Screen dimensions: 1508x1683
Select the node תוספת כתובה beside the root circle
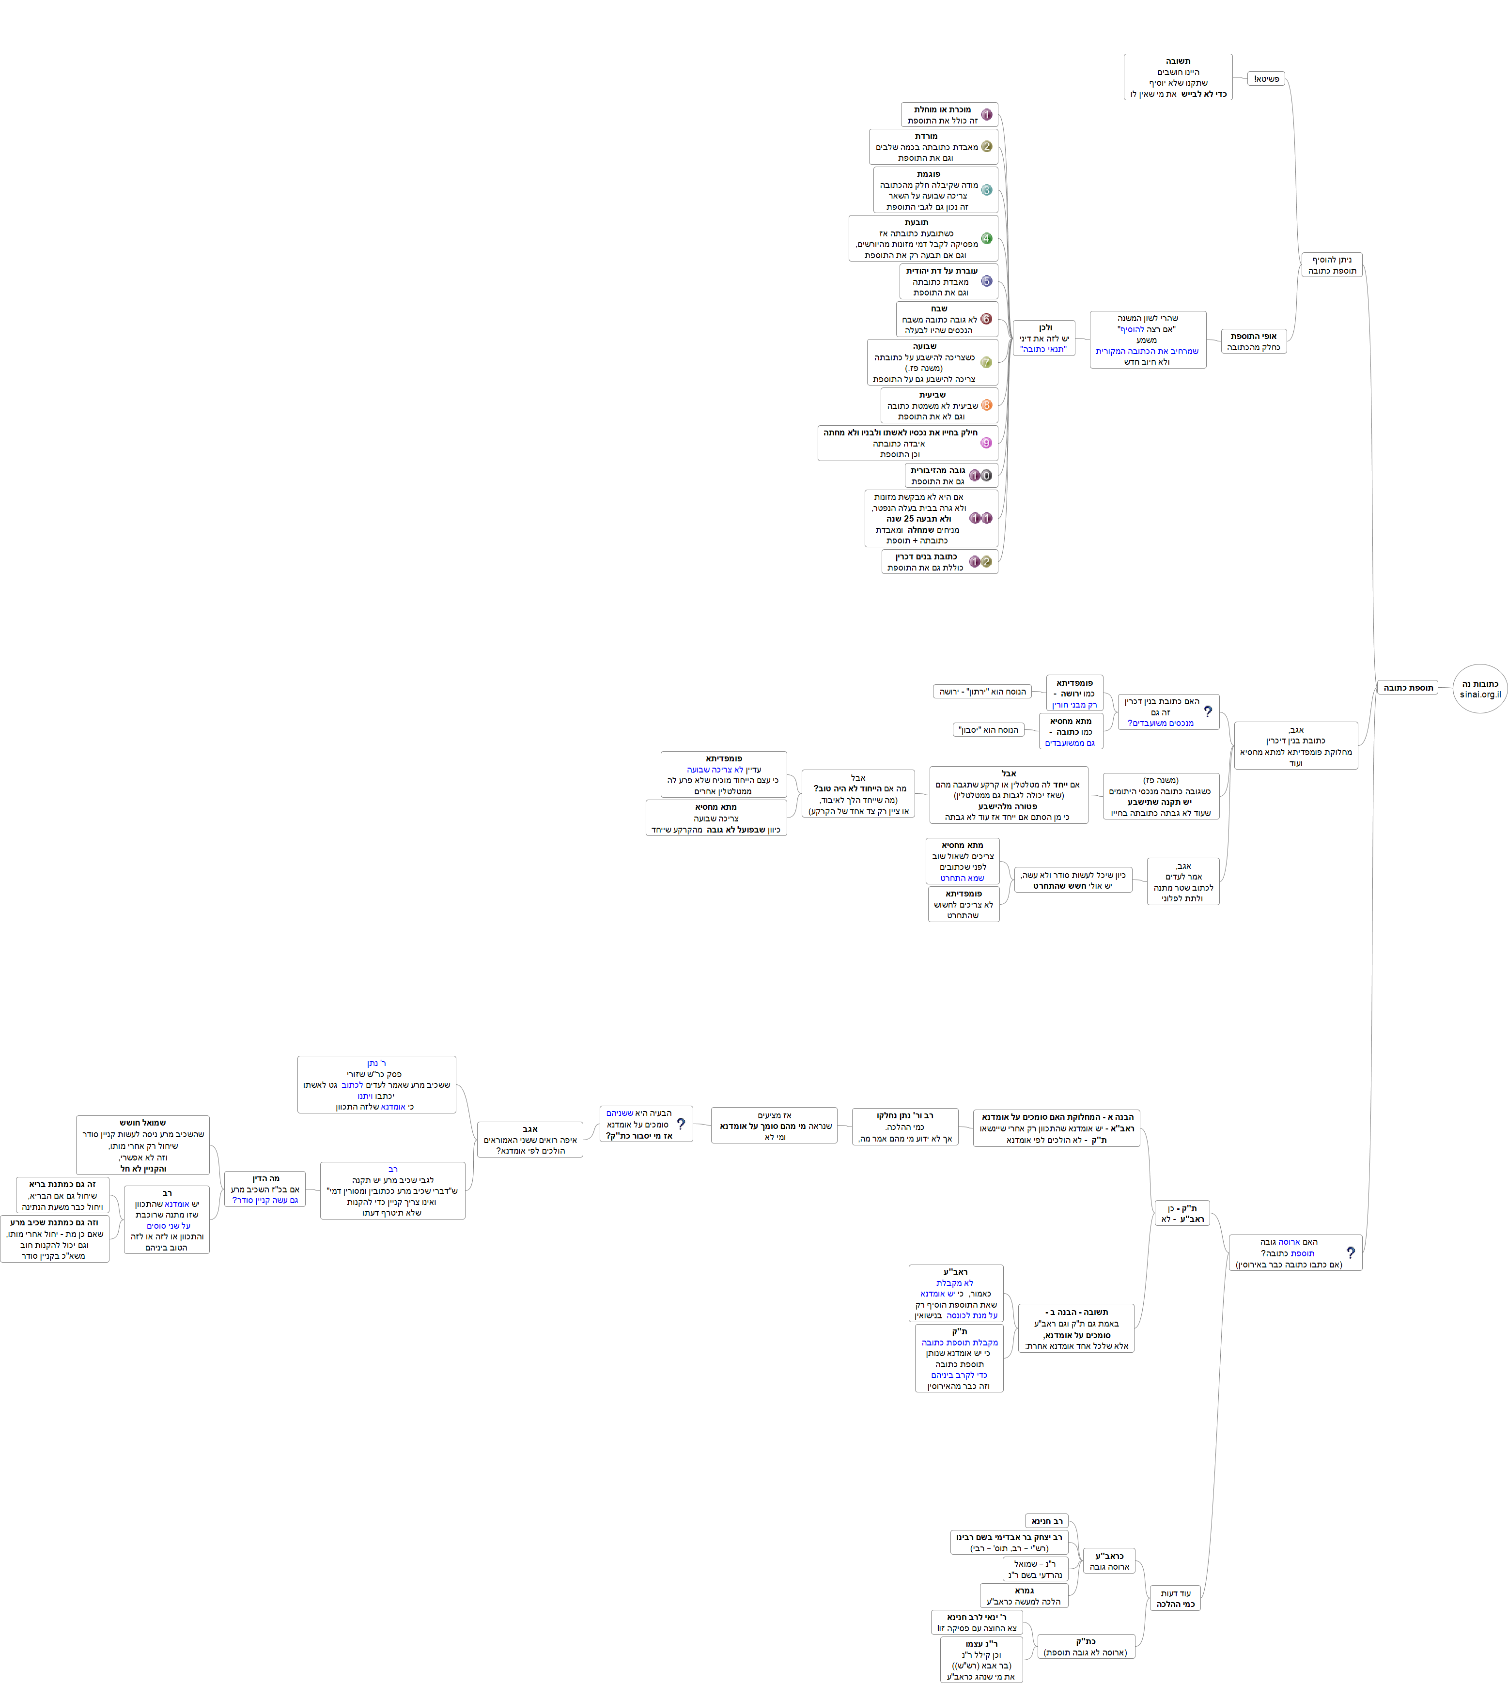click(x=1408, y=687)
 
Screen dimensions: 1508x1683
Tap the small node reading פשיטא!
click(x=1266, y=78)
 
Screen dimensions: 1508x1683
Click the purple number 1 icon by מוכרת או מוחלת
click(x=986, y=114)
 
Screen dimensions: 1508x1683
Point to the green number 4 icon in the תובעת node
click(x=986, y=239)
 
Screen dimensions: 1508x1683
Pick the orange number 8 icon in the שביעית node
click(x=986, y=405)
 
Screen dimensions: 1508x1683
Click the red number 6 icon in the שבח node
click(x=986, y=319)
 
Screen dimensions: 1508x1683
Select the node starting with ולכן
click(x=1044, y=338)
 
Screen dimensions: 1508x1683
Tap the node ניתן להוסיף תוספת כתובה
click(x=1332, y=265)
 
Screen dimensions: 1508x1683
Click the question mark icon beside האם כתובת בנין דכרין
click(x=1207, y=711)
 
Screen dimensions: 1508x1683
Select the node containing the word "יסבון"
click(x=989, y=730)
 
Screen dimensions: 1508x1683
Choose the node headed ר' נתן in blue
click(x=376, y=1084)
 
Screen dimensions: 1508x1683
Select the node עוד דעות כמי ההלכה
click(x=1175, y=1599)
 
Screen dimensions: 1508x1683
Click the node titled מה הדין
click(x=265, y=1189)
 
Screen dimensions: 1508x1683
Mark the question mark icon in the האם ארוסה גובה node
click(x=1350, y=1253)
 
